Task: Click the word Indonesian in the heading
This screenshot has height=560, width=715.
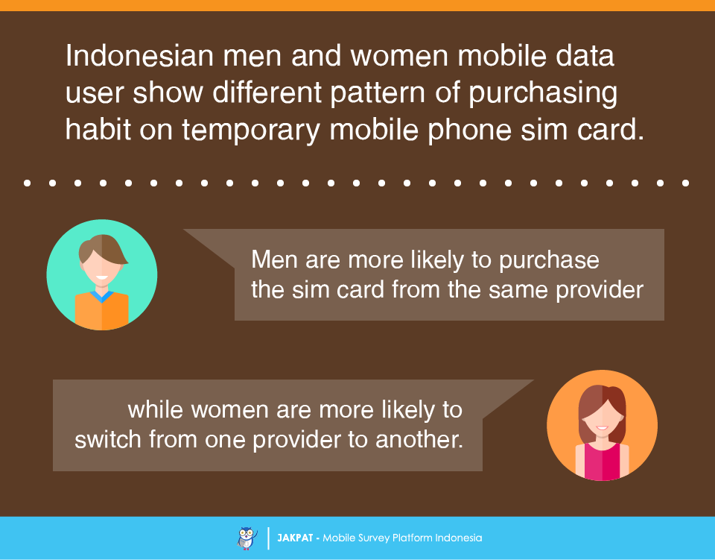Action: click(139, 56)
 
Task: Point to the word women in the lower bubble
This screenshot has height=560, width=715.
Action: click(229, 410)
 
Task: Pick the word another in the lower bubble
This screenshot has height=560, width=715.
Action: click(419, 439)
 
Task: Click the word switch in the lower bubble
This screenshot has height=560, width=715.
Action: click(108, 439)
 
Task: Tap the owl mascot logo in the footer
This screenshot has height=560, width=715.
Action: click(247, 538)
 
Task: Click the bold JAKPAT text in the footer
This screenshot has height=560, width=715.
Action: click(295, 538)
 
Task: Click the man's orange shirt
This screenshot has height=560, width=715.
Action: click(102, 311)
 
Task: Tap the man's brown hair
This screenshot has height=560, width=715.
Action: click(103, 249)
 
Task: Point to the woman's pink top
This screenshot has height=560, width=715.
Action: click(603, 462)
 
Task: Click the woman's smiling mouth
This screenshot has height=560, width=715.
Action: click(602, 428)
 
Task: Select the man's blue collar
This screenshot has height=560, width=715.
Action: click(102, 296)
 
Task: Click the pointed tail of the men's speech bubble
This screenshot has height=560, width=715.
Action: click(184, 230)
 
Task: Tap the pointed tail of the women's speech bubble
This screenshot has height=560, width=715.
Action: click(533, 380)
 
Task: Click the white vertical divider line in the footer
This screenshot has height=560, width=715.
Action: click(268, 538)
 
